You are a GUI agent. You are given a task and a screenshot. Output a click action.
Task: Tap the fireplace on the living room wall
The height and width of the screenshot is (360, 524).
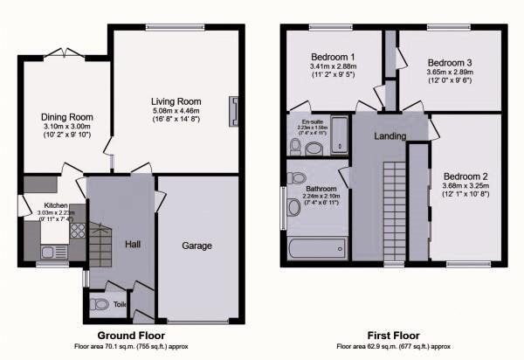[x=234, y=111]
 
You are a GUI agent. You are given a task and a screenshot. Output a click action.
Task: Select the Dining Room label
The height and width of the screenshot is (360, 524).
[x=66, y=117]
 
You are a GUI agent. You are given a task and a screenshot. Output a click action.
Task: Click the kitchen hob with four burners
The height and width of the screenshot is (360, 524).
[x=74, y=232]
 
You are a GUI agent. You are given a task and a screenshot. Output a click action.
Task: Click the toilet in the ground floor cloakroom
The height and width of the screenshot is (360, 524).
[x=100, y=305]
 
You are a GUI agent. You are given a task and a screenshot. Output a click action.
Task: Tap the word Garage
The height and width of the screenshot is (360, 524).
[x=197, y=246]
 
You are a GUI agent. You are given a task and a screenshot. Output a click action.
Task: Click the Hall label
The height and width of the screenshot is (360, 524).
[x=134, y=243]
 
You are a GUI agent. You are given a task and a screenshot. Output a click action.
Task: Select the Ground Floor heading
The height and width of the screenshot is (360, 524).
[x=131, y=336]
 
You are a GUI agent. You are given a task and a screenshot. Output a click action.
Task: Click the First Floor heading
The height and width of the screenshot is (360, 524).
[x=392, y=336]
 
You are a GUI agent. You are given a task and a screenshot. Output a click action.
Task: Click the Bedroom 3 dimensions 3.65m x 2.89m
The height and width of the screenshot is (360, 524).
[x=451, y=75]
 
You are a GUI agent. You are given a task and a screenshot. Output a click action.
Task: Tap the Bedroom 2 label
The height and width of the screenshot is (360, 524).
[x=465, y=174]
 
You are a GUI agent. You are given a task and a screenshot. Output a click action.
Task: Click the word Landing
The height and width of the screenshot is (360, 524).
[x=391, y=135]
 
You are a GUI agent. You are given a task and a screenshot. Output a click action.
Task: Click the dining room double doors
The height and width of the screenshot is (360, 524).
[x=65, y=55]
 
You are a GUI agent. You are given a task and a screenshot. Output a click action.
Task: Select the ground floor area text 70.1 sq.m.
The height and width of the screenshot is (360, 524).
[x=131, y=347]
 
